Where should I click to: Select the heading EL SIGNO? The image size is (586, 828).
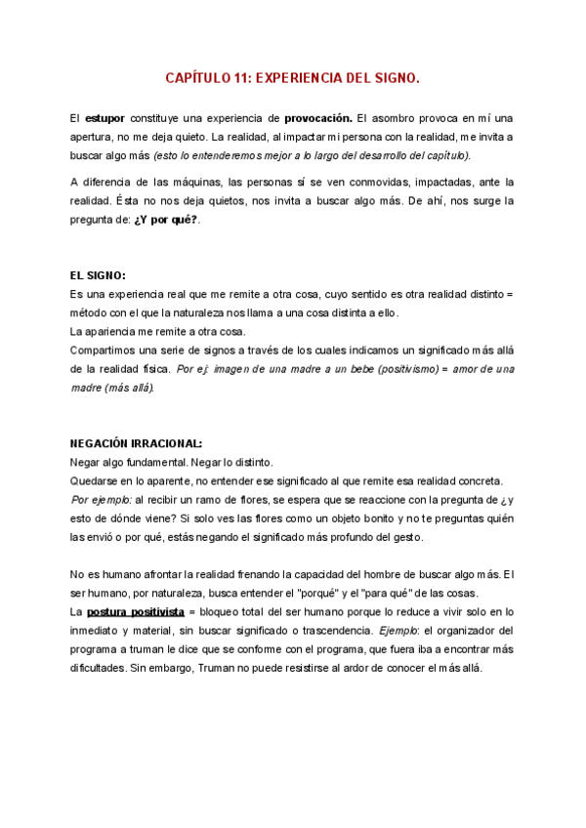coord(99,276)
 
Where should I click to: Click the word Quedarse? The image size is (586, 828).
coord(96,480)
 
